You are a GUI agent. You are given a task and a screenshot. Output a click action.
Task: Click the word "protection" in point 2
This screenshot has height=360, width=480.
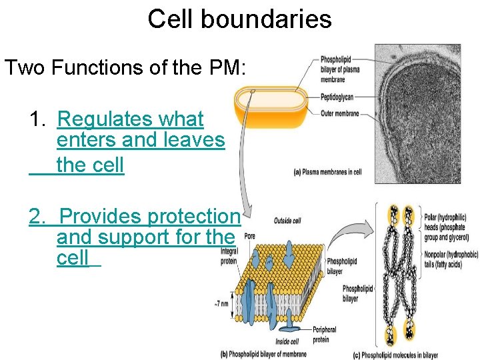click(x=193, y=216)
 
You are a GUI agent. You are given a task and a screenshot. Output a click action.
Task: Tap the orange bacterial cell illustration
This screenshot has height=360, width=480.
click(x=271, y=107)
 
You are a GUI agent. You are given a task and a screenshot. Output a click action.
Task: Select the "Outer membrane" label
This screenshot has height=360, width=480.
click(x=340, y=114)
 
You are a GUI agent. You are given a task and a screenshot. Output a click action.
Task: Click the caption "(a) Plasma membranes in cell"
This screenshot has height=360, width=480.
click(x=328, y=172)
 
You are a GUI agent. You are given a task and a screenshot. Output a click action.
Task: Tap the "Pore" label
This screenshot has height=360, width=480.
click(x=249, y=236)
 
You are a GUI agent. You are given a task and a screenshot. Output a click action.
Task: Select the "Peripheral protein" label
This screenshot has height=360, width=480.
click(x=325, y=333)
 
